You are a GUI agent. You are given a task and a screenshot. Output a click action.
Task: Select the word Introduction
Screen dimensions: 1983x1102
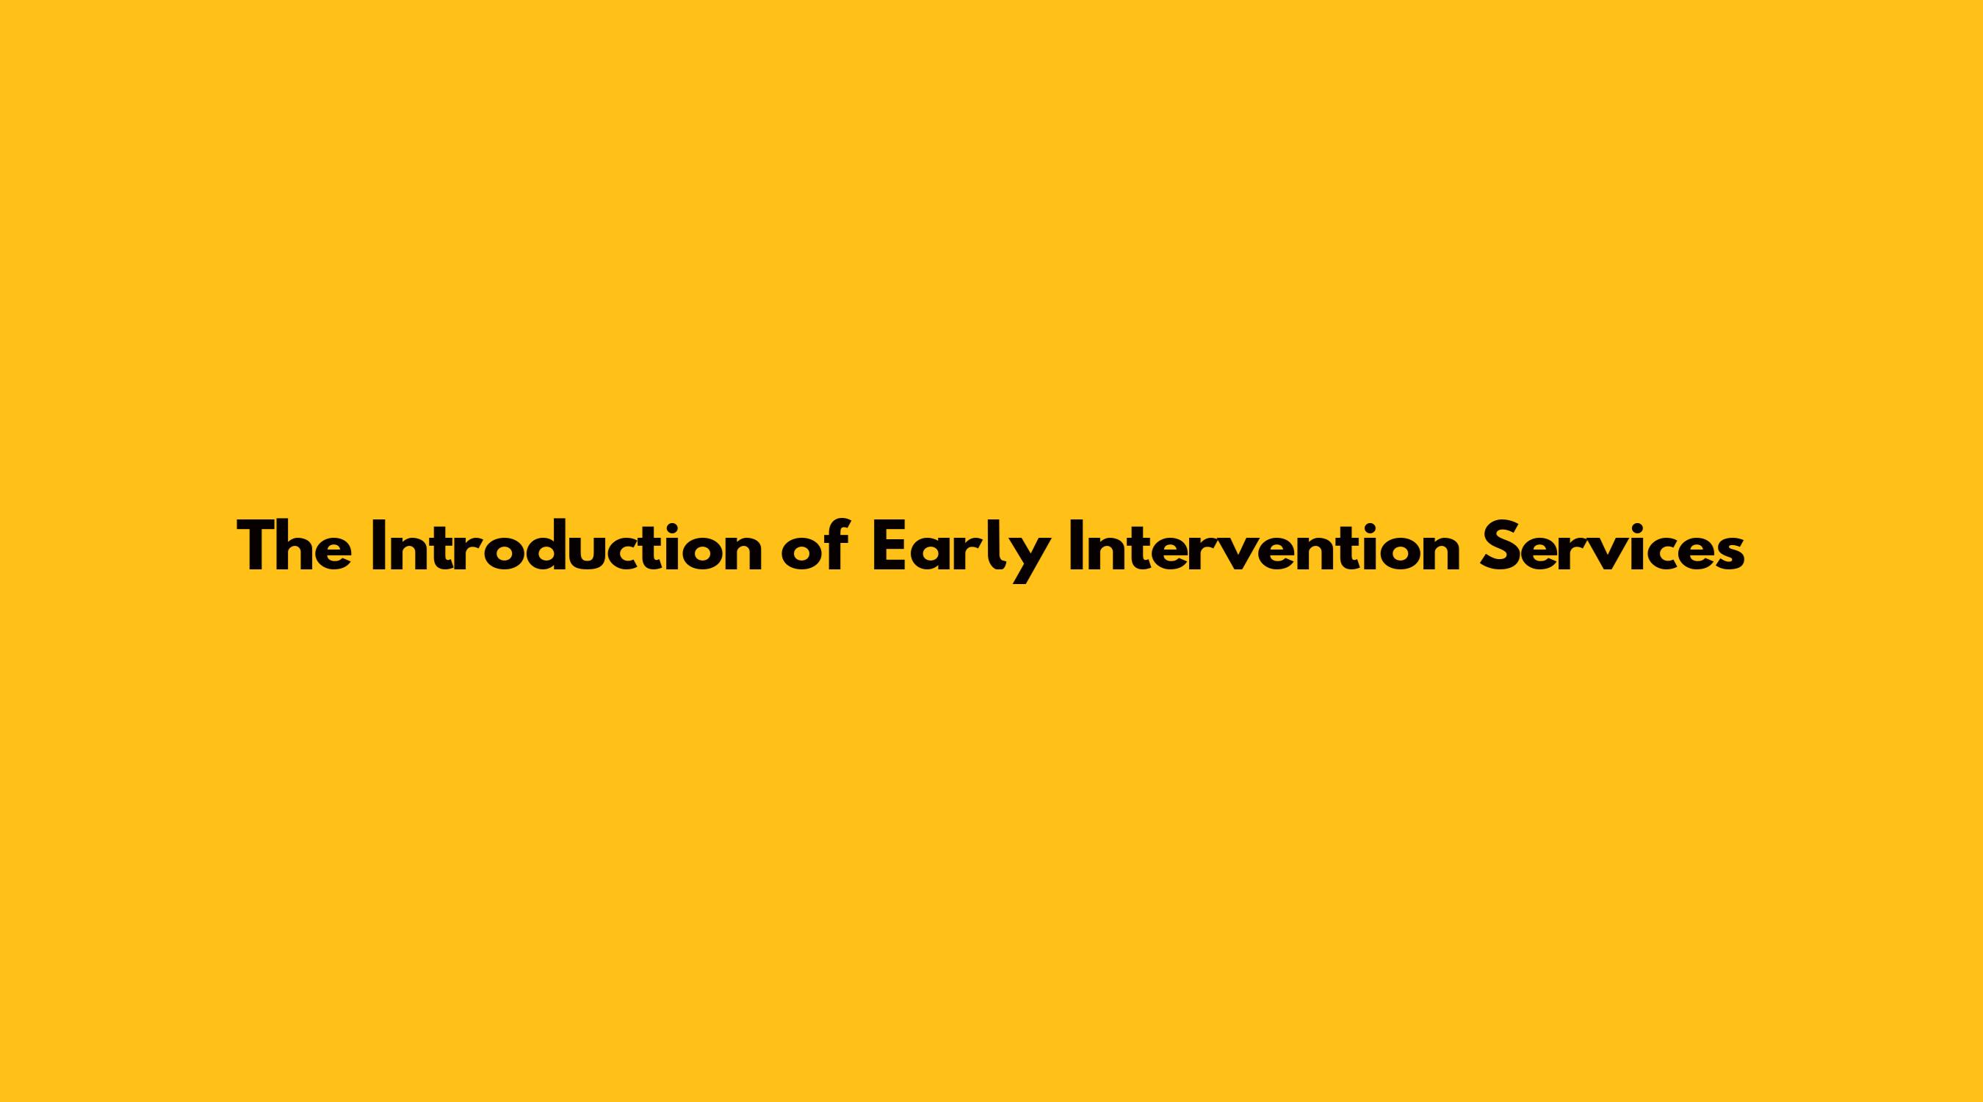coord(566,546)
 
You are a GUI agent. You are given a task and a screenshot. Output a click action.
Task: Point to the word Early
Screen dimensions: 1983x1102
coord(959,552)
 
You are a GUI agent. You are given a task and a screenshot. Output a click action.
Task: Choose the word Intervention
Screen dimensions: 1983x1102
coord(1265,546)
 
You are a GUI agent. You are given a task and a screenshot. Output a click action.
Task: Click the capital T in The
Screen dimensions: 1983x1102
coord(259,547)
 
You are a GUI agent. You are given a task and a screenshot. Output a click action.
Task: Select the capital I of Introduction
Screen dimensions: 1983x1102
coord(378,547)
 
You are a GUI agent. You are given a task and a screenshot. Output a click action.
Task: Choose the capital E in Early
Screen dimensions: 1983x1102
coord(889,547)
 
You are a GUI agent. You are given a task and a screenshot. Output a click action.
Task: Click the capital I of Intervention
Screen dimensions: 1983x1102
coord(1075,547)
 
